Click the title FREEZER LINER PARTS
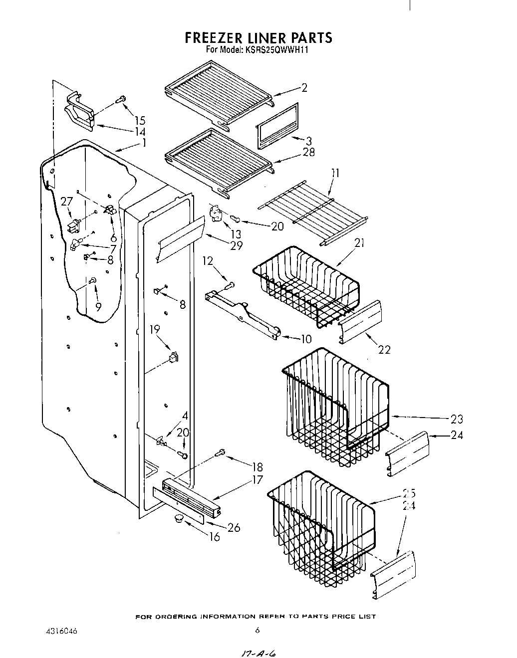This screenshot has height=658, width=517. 258,38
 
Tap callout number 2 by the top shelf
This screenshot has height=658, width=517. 304,88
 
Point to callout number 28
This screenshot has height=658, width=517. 309,152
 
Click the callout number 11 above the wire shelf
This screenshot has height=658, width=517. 335,173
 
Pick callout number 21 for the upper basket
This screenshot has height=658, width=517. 359,243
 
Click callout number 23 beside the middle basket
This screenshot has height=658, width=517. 456,419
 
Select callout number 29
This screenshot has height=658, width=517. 236,245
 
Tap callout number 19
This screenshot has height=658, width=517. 155,329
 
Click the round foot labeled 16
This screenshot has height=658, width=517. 178,520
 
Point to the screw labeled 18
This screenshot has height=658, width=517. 220,453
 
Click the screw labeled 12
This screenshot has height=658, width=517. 230,286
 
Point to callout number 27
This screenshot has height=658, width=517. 66,202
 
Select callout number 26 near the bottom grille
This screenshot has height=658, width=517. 233,527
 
